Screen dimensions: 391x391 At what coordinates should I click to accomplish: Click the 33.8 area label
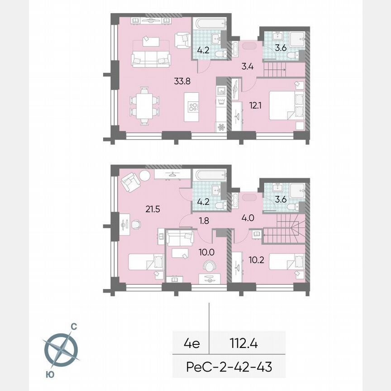pyautogui.click(x=182, y=82)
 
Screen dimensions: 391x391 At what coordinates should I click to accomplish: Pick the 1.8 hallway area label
pyautogui.click(x=205, y=221)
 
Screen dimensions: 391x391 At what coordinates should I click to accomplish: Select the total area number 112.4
pyautogui.click(x=243, y=343)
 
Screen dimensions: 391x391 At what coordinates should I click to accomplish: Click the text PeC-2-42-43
pyautogui.click(x=229, y=367)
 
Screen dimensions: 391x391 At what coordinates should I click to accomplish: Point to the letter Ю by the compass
pyautogui.click(x=48, y=374)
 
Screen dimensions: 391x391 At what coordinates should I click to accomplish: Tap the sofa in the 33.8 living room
pyautogui.click(x=151, y=58)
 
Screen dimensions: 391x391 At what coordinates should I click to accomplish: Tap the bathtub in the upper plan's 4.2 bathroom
pyautogui.click(x=209, y=23)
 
